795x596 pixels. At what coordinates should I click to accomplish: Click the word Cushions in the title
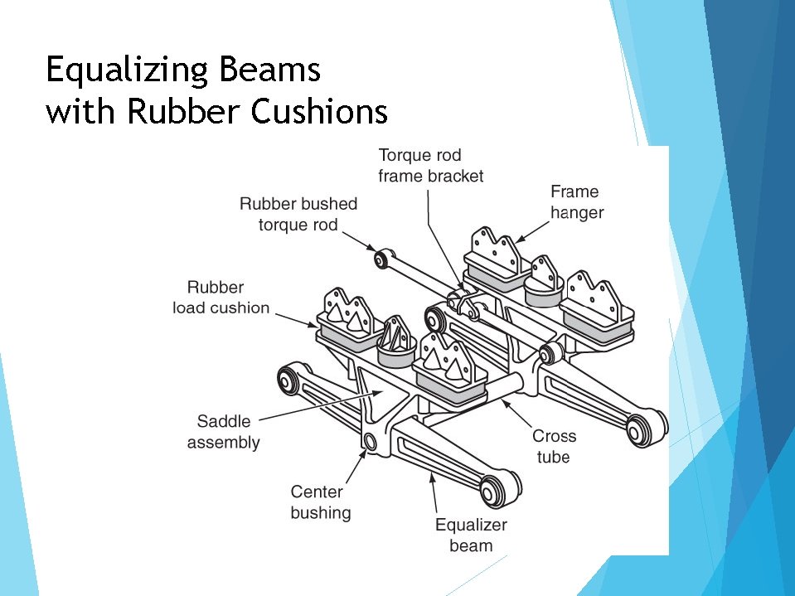(318, 111)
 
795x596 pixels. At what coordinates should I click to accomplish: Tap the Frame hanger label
(576, 202)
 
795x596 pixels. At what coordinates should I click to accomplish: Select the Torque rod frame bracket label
(430, 165)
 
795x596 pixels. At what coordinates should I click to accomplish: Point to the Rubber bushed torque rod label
(298, 214)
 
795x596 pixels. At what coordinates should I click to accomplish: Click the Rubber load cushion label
(221, 298)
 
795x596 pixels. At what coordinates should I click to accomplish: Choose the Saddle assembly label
(223, 431)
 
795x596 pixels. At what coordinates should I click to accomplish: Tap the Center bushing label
(320, 502)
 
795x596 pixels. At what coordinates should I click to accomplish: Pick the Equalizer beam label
(471, 535)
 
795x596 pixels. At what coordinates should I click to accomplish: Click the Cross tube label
(554, 446)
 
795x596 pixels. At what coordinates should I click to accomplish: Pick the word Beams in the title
(279, 71)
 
